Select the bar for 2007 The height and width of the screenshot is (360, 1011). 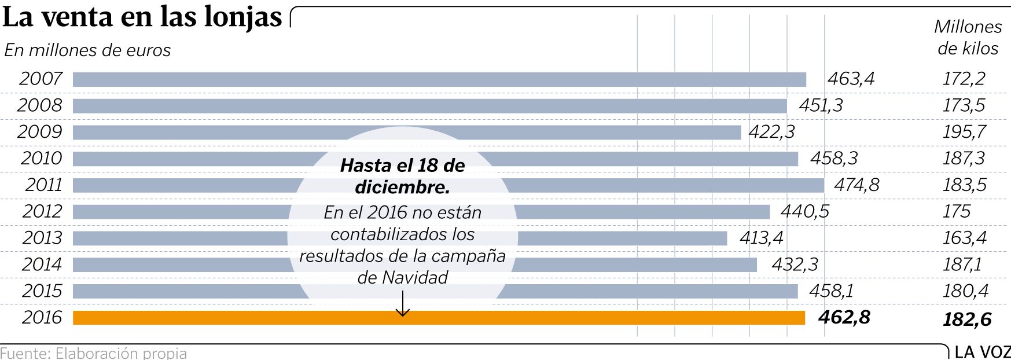pyautogui.click(x=439, y=79)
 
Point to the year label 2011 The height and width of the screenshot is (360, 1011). pyautogui.click(x=44, y=185)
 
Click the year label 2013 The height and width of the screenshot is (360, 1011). pyautogui.click(x=42, y=238)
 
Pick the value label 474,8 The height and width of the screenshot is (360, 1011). pyautogui.click(x=856, y=185)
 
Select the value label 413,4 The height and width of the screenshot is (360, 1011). pyautogui.click(x=762, y=238)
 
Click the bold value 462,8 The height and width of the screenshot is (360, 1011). pyautogui.click(x=844, y=317)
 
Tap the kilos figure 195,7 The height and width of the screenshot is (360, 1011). pyautogui.click(x=964, y=132)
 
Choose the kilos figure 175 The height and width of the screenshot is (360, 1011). pyautogui.click(x=957, y=211)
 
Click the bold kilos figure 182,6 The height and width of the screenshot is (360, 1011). pyautogui.click(x=967, y=319)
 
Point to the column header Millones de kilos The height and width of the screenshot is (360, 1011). pyautogui.click(x=968, y=38)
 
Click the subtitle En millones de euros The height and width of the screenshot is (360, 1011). pyautogui.click(x=87, y=50)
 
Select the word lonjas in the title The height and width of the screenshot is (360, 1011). pyautogui.click(x=243, y=17)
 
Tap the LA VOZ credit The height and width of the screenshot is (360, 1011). pyautogui.click(x=982, y=352)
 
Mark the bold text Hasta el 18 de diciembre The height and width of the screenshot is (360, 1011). pyautogui.click(x=403, y=176)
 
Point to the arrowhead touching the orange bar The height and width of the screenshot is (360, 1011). pyautogui.click(x=403, y=313)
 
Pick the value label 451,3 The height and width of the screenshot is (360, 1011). pyautogui.click(x=821, y=105)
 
